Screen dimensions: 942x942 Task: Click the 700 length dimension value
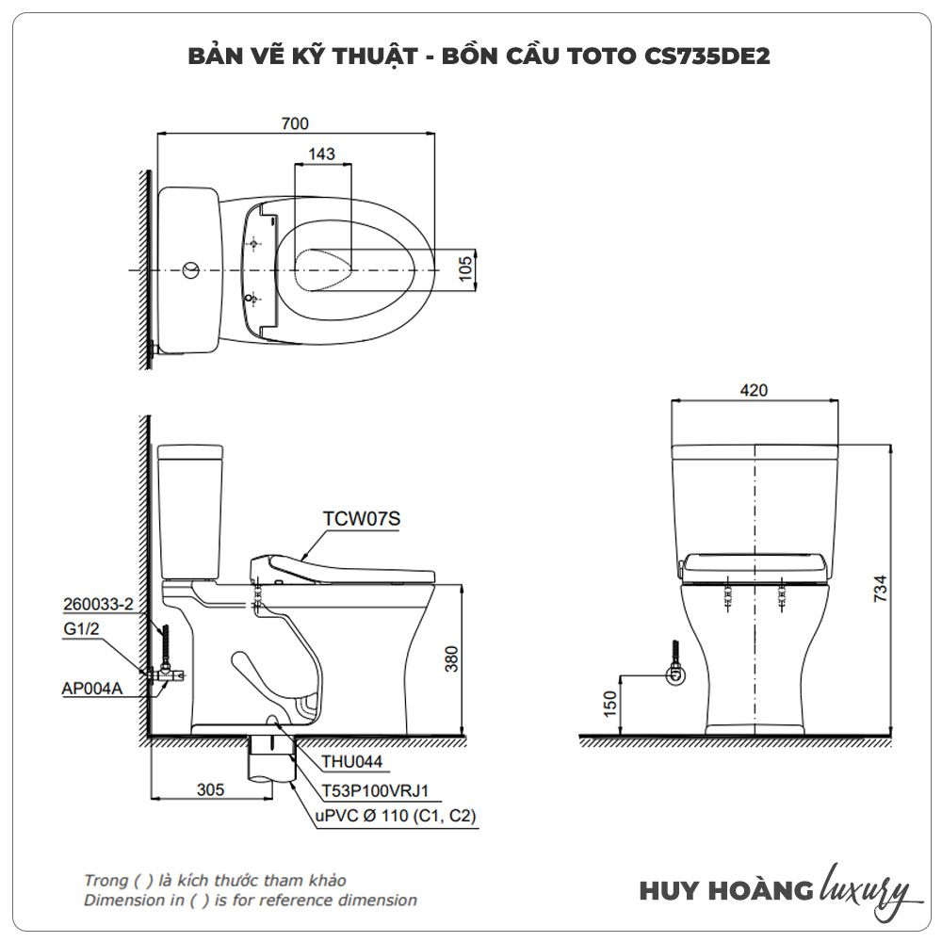(x=295, y=123)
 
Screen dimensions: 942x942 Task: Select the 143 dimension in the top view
(x=321, y=154)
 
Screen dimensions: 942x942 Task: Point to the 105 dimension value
(x=465, y=268)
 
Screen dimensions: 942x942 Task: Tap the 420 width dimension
(x=754, y=390)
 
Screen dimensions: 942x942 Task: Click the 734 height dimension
(x=880, y=589)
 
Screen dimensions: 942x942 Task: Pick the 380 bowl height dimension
(x=451, y=659)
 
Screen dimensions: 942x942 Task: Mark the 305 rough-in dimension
(x=210, y=789)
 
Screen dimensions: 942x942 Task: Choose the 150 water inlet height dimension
(x=609, y=704)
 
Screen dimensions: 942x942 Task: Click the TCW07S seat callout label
(x=362, y=518)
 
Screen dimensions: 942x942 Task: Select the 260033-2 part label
(x=99, y=604)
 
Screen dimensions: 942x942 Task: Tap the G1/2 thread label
(x=81, y=629)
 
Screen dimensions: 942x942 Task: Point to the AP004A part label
(x=92, y=688)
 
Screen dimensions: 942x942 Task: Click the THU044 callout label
(x=351, y=761)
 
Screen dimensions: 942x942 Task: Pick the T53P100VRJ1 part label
(x=376, y=790)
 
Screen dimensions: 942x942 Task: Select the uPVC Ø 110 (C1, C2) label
(x=396, y=816)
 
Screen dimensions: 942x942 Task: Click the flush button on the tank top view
(x=191, y=270)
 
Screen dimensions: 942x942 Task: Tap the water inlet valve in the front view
(x=676, y=674)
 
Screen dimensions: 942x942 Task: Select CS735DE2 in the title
(x=707, y=56)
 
